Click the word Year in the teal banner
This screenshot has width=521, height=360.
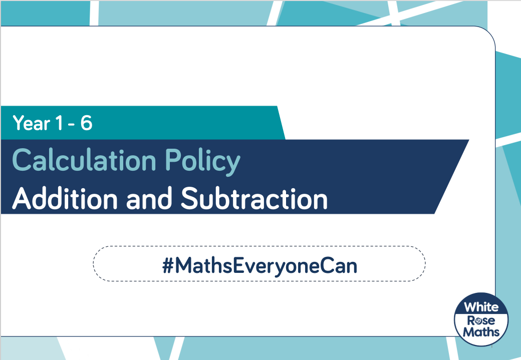coord(31,123)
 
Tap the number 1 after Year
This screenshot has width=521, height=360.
coord(59,123)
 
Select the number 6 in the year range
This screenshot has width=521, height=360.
coord(86,123)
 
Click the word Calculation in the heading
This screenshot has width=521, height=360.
coord(84,160)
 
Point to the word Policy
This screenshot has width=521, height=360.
coord(203,162)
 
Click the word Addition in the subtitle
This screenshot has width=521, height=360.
coord(65,198)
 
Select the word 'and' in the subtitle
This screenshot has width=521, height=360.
coord(149,199)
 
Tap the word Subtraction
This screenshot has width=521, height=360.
coord(254,198)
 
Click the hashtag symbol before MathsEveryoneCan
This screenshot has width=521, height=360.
coord(168,266)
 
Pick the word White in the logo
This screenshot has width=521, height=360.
coord(481,307)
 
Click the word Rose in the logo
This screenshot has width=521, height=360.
coord(481,320)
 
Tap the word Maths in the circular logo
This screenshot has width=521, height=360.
coord(481,332)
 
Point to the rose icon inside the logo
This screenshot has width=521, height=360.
coord(479,321)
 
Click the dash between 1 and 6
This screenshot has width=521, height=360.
coord(72,125)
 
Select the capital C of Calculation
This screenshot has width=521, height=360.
coord(22,160)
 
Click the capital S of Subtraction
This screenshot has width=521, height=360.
coord(190,198)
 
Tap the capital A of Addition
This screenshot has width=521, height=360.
coord(23,198)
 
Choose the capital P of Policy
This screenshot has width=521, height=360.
coord(173,160)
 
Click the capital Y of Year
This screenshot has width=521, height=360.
coord(19,123)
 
